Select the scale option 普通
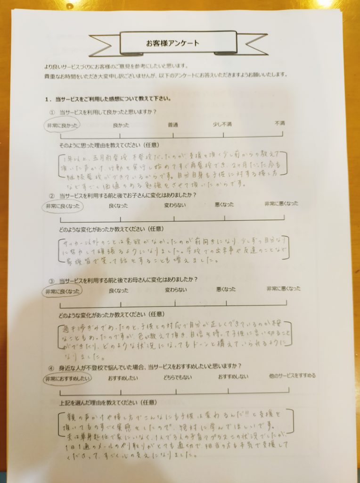click(173, 125)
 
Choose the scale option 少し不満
click(222, 124)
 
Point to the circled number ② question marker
click(52, 195)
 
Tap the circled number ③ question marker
click(52, 280)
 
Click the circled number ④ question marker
click(52, 366)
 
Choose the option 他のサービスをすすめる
click(292, 376)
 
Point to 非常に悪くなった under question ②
click(281, 204)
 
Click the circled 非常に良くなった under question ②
click(62, 206)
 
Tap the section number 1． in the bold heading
click(48, 99)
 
